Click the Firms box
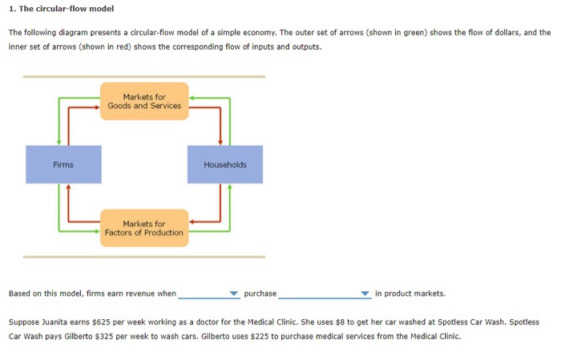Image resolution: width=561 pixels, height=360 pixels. pyautogui.click(x=63, y=164)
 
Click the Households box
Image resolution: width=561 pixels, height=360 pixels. pyautogui.click(x=225, y=164)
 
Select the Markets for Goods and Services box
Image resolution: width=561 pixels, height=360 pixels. pyautogui.click(x=144, y=101)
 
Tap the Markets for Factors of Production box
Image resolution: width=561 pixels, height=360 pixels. pyautogui.click(x=144, y=228)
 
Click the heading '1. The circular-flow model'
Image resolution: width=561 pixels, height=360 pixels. pyautogui.click(x=62, y=9)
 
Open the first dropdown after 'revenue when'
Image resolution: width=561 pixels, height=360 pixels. pyautogui.click(x=209, y=293)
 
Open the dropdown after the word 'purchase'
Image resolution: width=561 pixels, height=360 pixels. pyautogui.click(x=325, y=293)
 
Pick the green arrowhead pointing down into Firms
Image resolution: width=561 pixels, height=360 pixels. pyautogui.click(x=59, y=142)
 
